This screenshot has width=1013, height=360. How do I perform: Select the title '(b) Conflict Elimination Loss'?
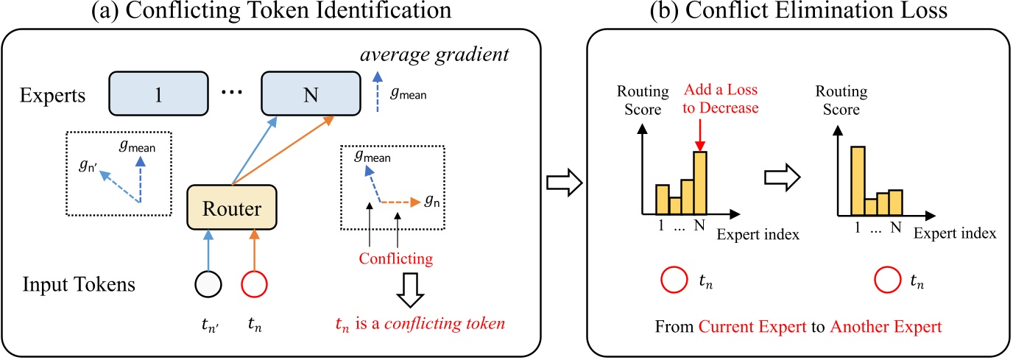coord(798,13)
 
